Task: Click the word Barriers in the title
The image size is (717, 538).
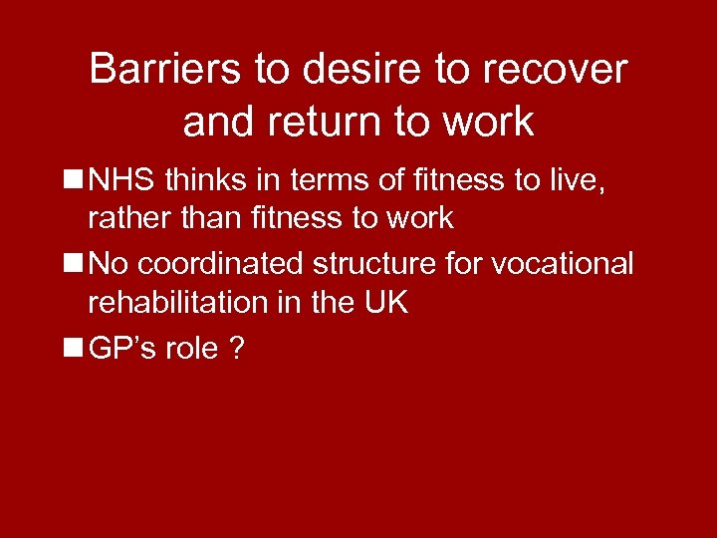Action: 160,70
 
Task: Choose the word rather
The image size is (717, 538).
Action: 125,216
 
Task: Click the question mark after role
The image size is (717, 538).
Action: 239,348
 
